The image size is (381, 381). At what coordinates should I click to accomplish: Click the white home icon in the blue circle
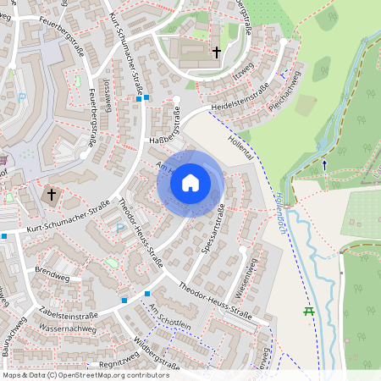click(x=190, y=182)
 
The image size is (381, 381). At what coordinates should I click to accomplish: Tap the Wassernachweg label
click(x=67, y=327)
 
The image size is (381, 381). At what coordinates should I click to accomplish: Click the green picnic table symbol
click(x=309, y=311)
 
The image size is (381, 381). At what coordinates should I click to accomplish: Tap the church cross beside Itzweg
click(x=216, y=52)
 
